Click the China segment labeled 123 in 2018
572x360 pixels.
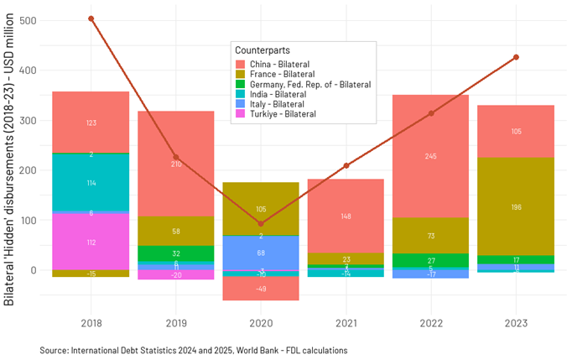tap(91, 123)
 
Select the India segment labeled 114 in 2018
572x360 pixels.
tap(91, 182)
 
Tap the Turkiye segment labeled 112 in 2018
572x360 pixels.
tap(91, 243)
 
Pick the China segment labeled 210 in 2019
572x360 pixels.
tap(176, 164)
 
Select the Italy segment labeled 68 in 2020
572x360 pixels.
tap(261, 253)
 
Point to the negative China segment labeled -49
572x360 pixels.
tap(261, 289)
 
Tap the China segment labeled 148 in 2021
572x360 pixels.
tap(346, 216)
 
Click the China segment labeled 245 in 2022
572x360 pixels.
tap(431, 156)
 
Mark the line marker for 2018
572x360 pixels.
tap(91, 18)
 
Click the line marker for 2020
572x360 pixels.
tap(261, 223)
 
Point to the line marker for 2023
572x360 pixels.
tap(517, 57)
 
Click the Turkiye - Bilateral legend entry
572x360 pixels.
tap(281, 114)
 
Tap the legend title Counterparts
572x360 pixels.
tap(263, 50)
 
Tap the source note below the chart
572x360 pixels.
tap(194, 349)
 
